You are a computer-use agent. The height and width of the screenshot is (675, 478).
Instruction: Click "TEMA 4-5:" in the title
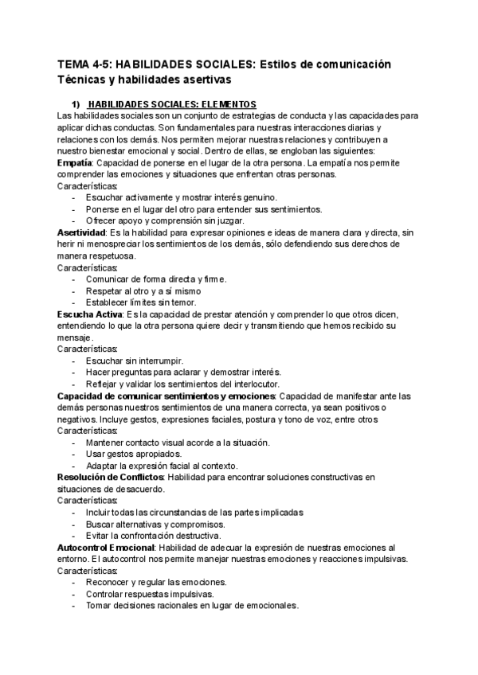[x=84, y=64]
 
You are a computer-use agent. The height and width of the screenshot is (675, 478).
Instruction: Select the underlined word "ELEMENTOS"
[x=227, y=104]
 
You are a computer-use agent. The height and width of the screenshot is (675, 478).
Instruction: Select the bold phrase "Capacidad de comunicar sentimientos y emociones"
[x=167, y=396]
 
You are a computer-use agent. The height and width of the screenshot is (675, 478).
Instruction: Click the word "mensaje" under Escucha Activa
[x=75, y=337]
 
